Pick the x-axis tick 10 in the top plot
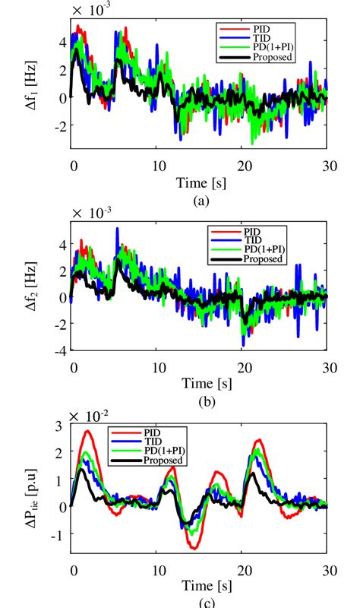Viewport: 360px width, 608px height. coord(158,167)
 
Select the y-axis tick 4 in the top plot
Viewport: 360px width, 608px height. coord(63,43)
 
